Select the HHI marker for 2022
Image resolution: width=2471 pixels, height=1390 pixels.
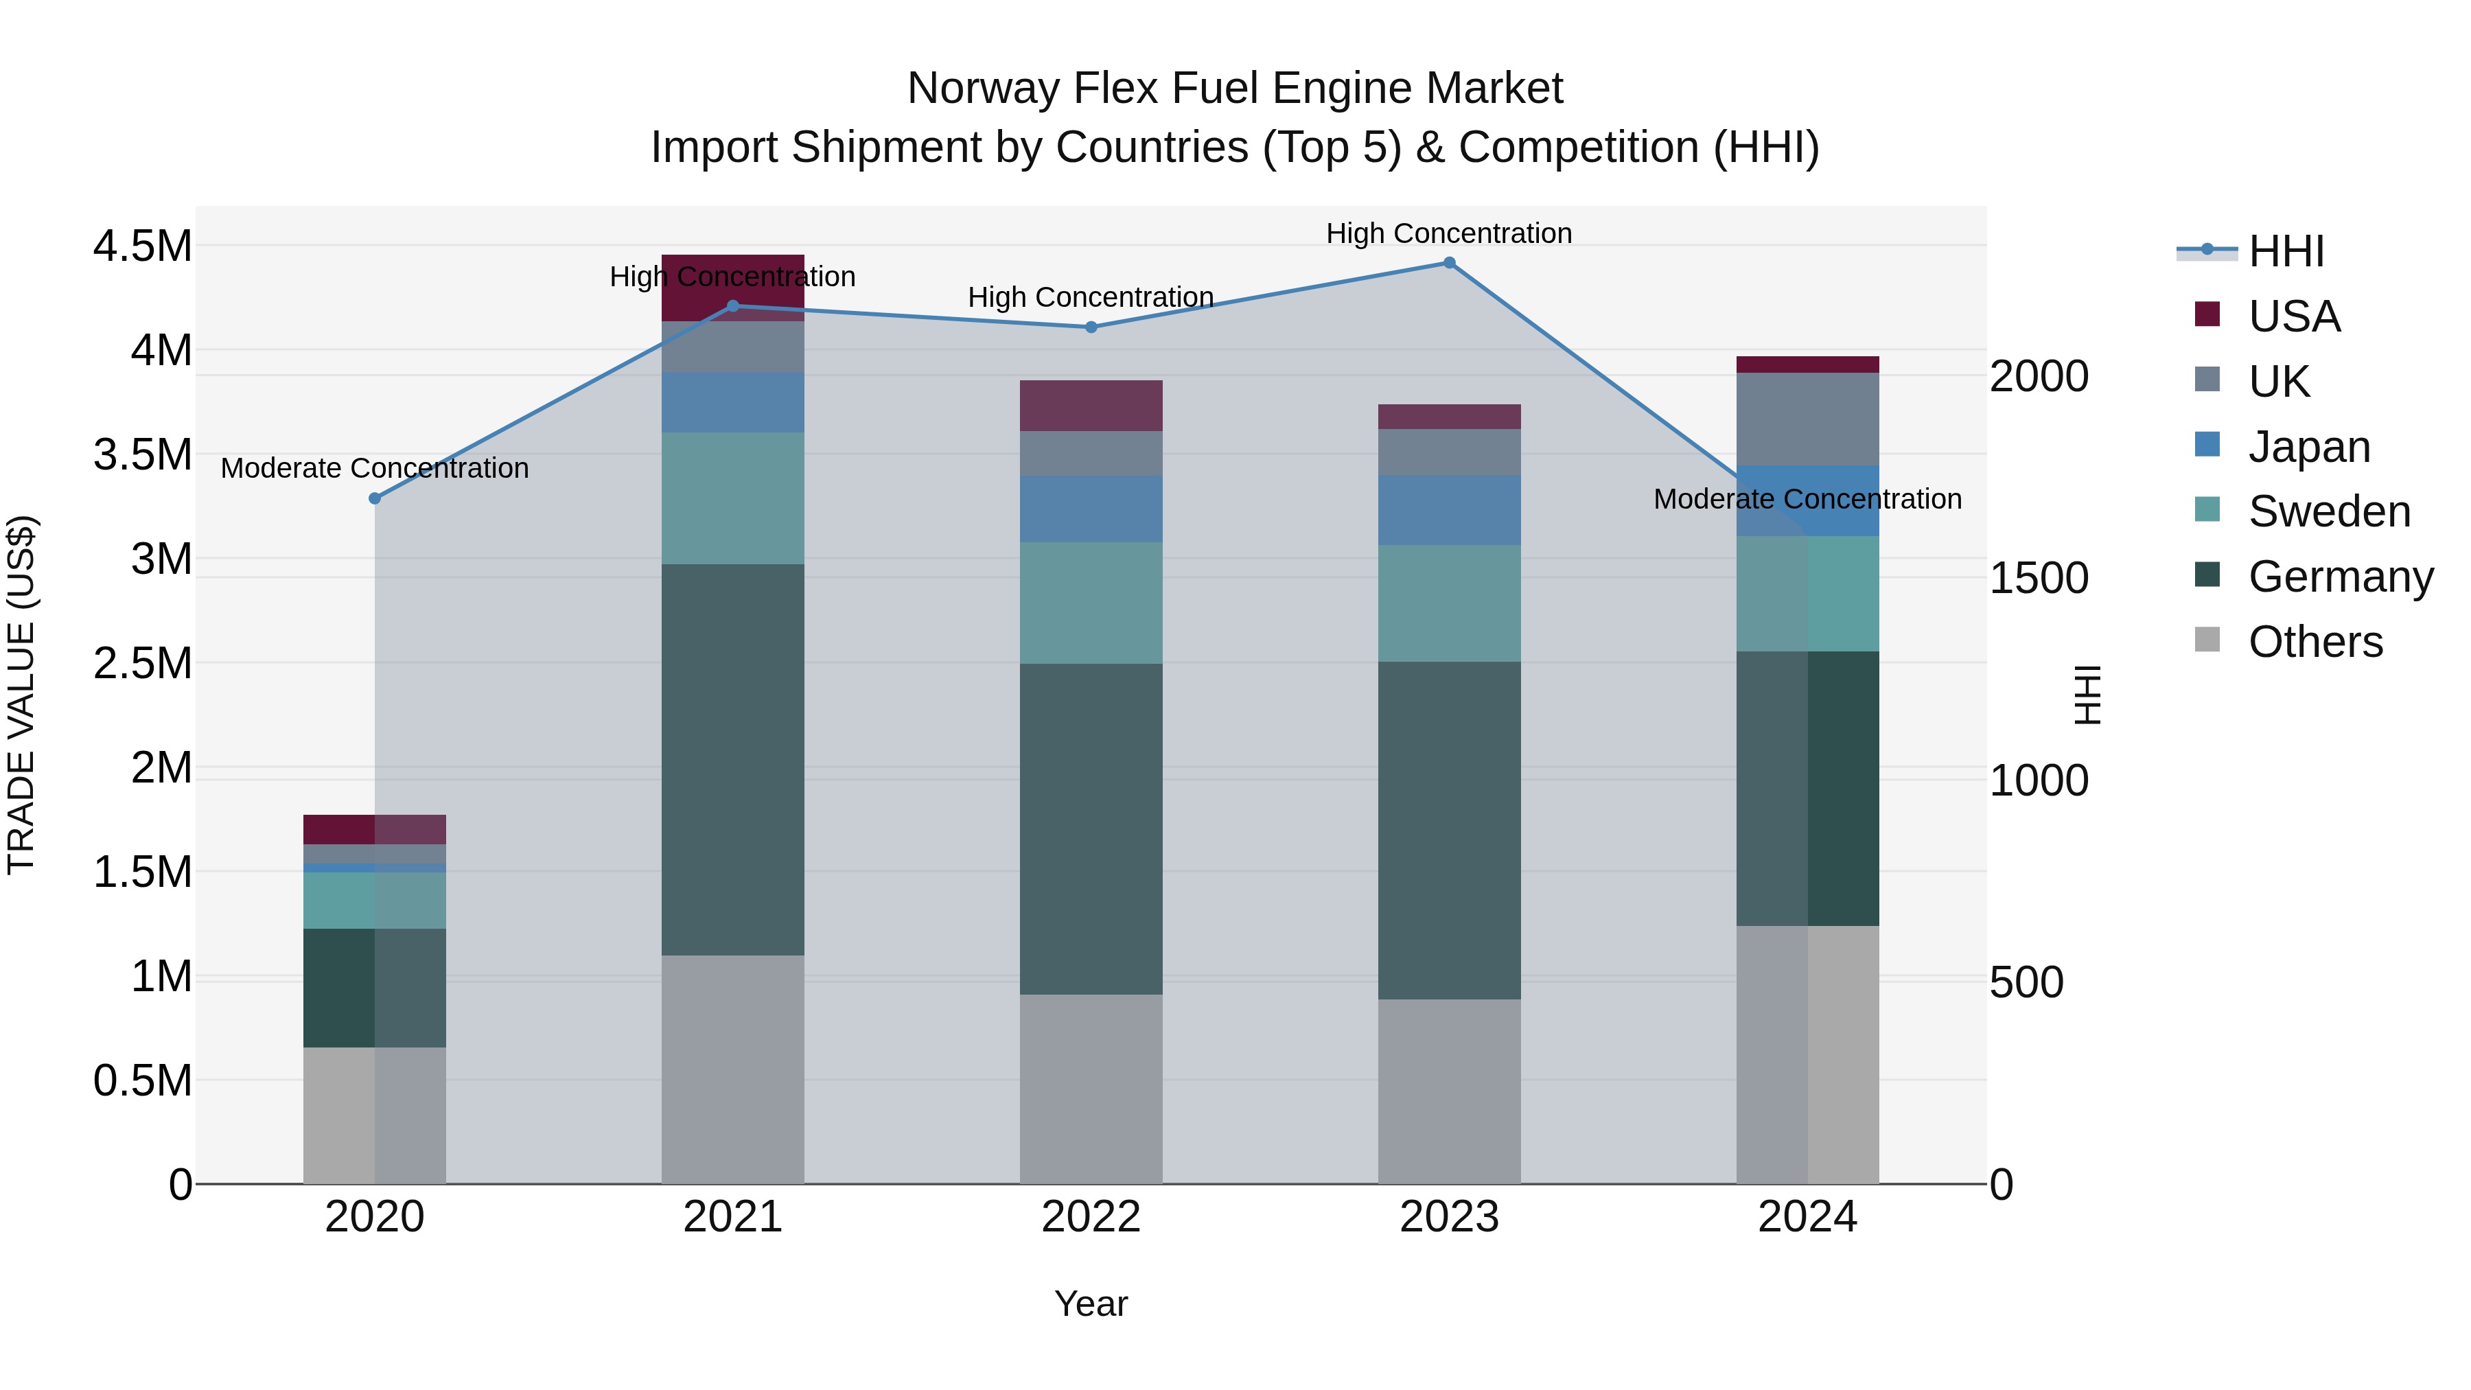point(1091,327)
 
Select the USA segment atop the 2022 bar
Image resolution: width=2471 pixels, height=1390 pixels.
point(1091,405)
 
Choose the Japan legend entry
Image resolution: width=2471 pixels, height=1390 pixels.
point(2309,447)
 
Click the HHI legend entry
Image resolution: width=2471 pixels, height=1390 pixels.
point(2286,251)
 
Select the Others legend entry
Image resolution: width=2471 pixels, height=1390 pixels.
point(2315,642)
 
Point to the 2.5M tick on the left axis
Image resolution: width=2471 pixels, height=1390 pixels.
point(142,663)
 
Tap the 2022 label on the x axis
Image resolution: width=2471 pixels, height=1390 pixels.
point(1091,1216)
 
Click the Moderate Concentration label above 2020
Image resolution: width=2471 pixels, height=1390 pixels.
point(375,468)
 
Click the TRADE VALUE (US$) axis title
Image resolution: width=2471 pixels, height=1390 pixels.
point(21,695)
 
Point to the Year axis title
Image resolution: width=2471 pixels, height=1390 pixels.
point(1091,1304)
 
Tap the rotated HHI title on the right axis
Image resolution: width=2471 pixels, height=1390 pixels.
point(2087,695)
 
